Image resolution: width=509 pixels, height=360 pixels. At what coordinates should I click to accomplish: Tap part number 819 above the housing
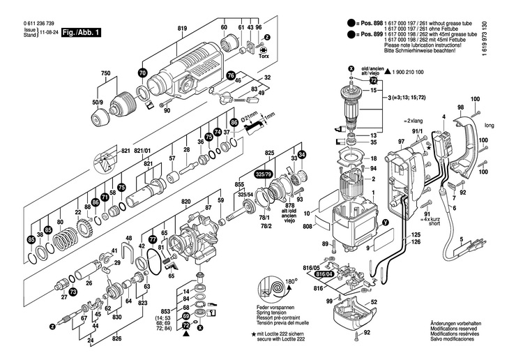pyautogui.click(x=183, y=27)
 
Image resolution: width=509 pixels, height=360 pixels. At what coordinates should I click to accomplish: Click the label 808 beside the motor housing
pyautogui.click(x=307, y=226)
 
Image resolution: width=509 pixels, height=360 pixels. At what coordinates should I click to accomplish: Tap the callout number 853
pyautogui.click(x=165, y=310)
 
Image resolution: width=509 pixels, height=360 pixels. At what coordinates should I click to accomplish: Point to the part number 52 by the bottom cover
pyautogui.click(x=374, y=302)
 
